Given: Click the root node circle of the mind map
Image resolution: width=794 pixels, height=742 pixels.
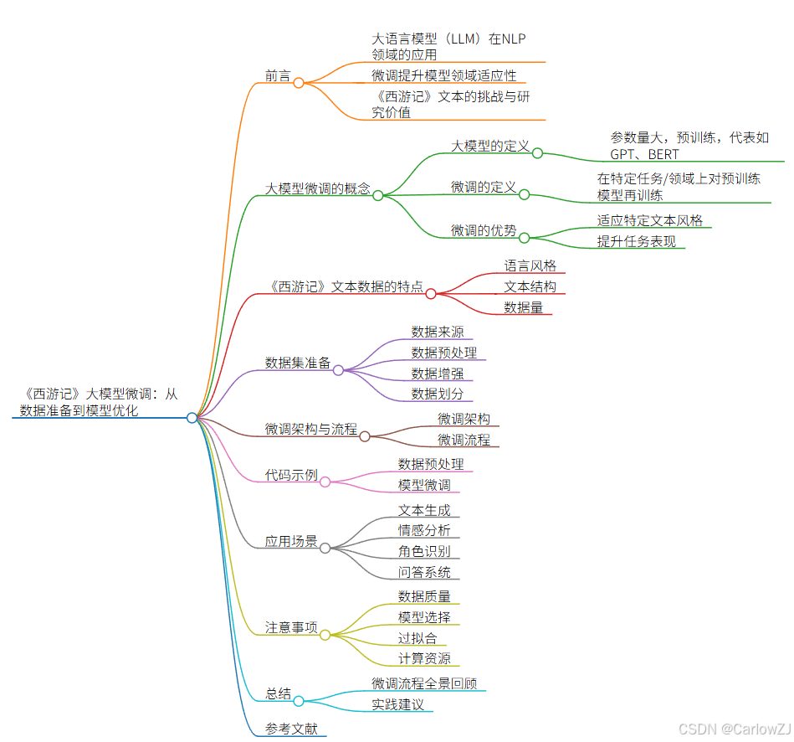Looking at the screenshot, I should click(x=192, y=417).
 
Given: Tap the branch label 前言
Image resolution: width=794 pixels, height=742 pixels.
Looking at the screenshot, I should click(x=278, y=75).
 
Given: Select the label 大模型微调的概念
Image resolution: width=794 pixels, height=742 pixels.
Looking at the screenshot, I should click(x=317, y=188).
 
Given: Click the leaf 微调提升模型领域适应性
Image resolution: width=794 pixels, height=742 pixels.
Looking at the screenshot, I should click(x=444, y=75).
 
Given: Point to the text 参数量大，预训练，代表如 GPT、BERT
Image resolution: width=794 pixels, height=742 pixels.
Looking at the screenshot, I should click(x=689, y=146).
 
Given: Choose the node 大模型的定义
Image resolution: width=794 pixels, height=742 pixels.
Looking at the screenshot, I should click(x=490, y=146).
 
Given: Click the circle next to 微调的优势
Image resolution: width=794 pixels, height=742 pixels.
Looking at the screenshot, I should click(x=525, y=238).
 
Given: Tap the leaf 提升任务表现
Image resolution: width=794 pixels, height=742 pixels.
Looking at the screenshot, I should click(x=636, y=241).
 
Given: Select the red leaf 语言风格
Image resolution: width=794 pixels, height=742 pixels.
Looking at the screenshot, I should click(x=530, y=265).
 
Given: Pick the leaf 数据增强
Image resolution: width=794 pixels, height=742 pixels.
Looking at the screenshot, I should click(x=437, y=373).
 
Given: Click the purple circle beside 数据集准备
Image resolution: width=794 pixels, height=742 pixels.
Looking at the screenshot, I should click(x=339, y=369).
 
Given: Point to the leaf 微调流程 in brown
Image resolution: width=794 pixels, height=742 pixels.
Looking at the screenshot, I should click(x=464, y=439).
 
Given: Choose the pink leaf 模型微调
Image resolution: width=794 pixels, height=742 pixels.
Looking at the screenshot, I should click(x=424, y=485).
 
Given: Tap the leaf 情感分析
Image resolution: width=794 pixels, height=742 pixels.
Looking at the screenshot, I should click(x=424, y=530).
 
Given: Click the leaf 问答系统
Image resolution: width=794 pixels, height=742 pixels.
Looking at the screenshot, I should click(x=424, y=572).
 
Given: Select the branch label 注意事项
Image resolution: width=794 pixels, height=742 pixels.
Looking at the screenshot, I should click(x=291, y=627).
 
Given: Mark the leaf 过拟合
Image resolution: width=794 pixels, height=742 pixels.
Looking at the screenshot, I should click(x=417, y=638).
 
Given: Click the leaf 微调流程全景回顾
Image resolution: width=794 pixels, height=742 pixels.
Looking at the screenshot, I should click(x=424, y=683).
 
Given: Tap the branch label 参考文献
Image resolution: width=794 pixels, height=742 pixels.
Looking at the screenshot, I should click(x=291, y=729).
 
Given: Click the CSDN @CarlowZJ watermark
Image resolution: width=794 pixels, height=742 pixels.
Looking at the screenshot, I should click(x=733, y=729).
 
